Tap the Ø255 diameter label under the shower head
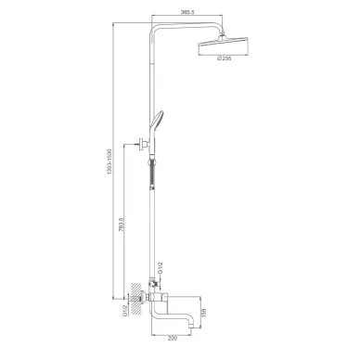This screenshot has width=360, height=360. pos(225,59)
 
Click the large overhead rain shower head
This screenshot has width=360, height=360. pos(225,45)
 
